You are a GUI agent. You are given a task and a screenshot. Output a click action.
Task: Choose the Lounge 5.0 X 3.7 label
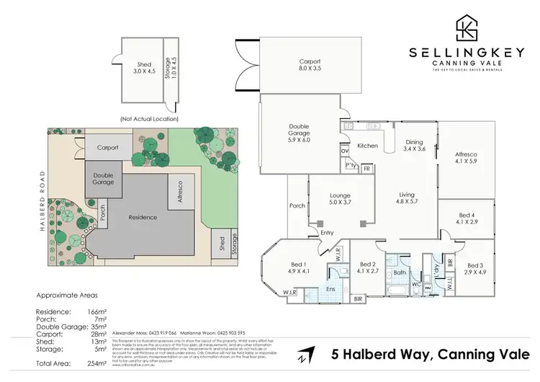pyautogui.click(x=339, y=199)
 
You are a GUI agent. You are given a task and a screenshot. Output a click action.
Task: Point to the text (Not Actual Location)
pyautogui.click(x=149, y=118)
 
